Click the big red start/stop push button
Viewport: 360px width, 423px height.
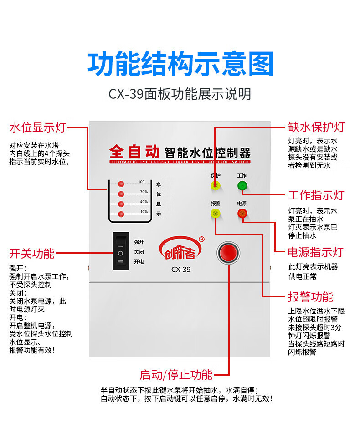click(x=228, y=253)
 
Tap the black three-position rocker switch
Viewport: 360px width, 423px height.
click(x=120, y=251)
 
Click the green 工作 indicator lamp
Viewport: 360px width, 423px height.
click(x=242, y=185)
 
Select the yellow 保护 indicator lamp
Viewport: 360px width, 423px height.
click(x=215, y=185)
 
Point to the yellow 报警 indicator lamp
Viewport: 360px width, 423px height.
click(x=215, y=213)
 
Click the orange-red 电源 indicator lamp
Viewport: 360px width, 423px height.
click(x=242, y=213)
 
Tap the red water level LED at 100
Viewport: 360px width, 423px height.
click(x=121, y=184)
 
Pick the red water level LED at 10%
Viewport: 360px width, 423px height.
click(x=121, y=214)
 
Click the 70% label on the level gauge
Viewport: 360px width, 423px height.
click(x=144, y=192)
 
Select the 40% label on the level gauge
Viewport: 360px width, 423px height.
click(x=144, y=202)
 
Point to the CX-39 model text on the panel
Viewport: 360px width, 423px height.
click(x=181, y=270)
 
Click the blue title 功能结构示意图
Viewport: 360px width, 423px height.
click(x=180, y=64)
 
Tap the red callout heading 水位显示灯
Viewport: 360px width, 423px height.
click(x=38, y=127)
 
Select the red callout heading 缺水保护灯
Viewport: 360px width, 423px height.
click(x=316, y=127)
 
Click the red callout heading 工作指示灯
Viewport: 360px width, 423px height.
click(x=316, y=196)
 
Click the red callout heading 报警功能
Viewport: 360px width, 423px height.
click(x=310, y=297)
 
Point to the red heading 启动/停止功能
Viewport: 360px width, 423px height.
click(x=176, y=375)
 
